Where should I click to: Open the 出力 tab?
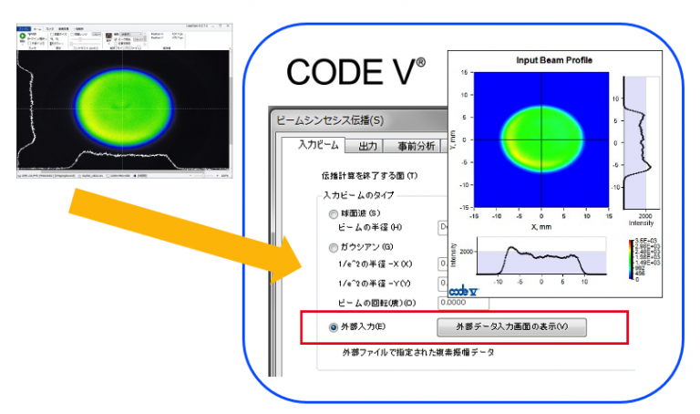click(x=368, y=146)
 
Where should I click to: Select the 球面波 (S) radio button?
click(x=333, y=213)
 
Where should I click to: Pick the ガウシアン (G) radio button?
click(x=333, y=247)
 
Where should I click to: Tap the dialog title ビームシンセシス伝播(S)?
click(x=329, y=119)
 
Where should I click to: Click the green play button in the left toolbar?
click(x=21, y=37)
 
